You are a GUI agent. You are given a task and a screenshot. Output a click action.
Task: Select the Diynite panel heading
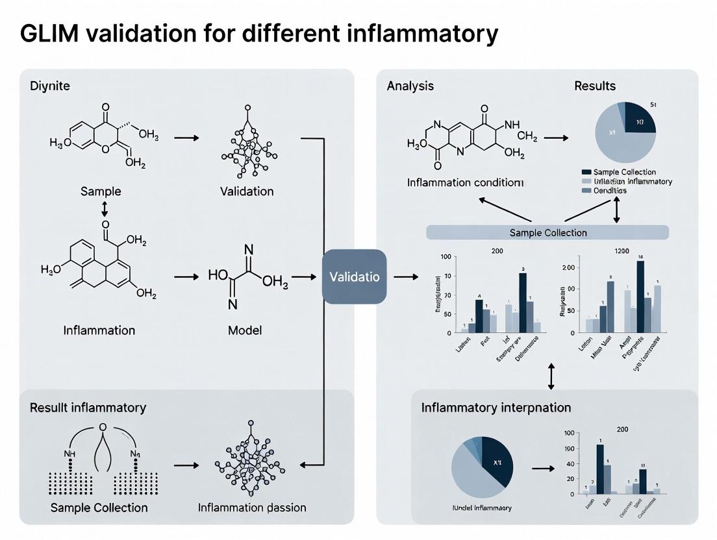click(x=49, y=86)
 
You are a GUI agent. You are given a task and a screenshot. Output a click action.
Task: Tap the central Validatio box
click(x=354, y=276)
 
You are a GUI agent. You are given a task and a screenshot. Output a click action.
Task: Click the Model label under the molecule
click(x=244, y=330)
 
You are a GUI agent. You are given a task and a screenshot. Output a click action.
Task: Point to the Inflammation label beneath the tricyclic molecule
click(x=99, y=330)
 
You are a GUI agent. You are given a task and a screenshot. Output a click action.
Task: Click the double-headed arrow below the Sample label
click(x=104, y=208)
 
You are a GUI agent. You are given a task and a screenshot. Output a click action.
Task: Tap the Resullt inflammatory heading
click(x=88, y=408)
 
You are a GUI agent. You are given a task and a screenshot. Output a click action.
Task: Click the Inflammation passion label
click(x=252, y=508)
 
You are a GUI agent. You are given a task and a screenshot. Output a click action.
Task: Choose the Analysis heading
click(x=410, y=86)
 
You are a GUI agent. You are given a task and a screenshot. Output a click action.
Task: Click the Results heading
click(x=594, y=86)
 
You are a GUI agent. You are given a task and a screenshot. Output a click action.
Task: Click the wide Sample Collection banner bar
click(x=547, y=232)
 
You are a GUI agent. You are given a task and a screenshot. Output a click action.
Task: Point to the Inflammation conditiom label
click(x=465, y=182)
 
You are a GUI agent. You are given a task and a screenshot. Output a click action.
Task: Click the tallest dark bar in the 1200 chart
click(x=640, y=296)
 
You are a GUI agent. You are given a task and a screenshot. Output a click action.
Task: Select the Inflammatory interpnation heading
click(x=496, y=408)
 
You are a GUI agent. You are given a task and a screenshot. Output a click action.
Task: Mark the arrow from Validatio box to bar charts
click(x=405, y=277)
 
